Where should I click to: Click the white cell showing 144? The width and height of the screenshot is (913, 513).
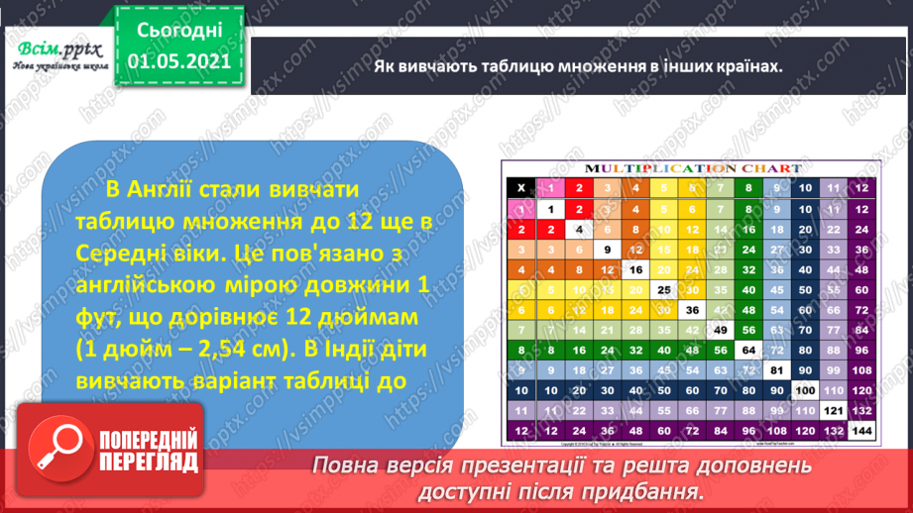coord(860,431)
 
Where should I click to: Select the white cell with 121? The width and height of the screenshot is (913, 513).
coord(832,410)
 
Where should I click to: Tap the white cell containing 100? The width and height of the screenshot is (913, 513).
coord(804,390)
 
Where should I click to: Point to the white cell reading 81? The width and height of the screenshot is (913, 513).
coord(776,370)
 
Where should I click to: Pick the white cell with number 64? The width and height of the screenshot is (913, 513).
coord(747,350)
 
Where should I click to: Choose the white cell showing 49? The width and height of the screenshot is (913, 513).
coord(720,330)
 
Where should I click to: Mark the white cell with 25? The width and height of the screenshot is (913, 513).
coord(663,289)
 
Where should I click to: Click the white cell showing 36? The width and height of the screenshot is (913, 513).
coord(692,309)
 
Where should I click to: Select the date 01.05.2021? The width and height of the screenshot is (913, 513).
coord(179,61)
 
